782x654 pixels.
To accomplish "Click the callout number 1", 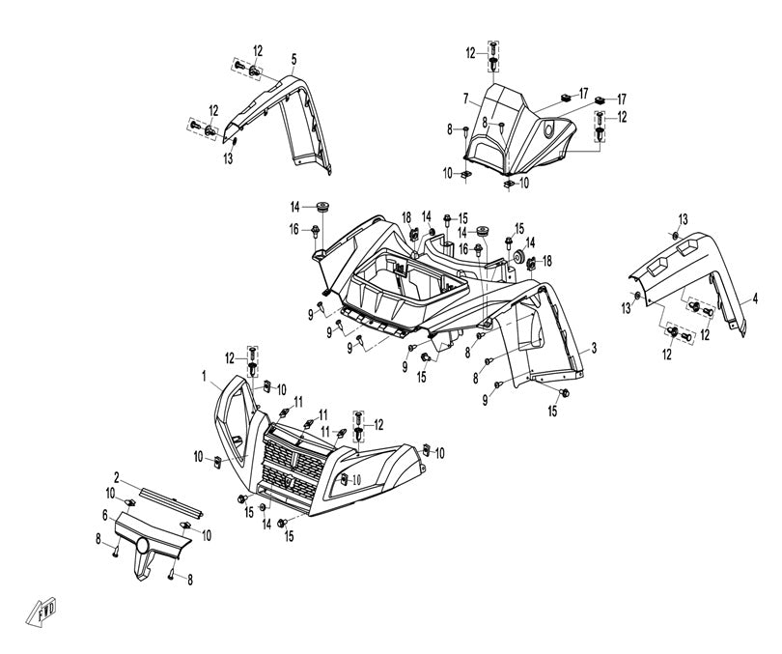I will click(x=205, y=374).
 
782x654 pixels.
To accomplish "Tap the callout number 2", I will click(x=117, y=477).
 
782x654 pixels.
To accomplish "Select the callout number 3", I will click(x=596, y=347).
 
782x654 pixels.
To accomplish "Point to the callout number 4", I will click(x=755, y=300).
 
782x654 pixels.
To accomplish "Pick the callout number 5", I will click(x=293, y=58).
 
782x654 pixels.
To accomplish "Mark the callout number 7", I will click(x=465, y=98).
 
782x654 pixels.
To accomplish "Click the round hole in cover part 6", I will click(x=142, y=548).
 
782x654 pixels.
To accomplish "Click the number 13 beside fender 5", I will click(x=229, y=157).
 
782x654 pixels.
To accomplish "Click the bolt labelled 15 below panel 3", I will click(x=563, y=393).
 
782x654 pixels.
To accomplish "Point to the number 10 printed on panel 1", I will click(x=355, y=480).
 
